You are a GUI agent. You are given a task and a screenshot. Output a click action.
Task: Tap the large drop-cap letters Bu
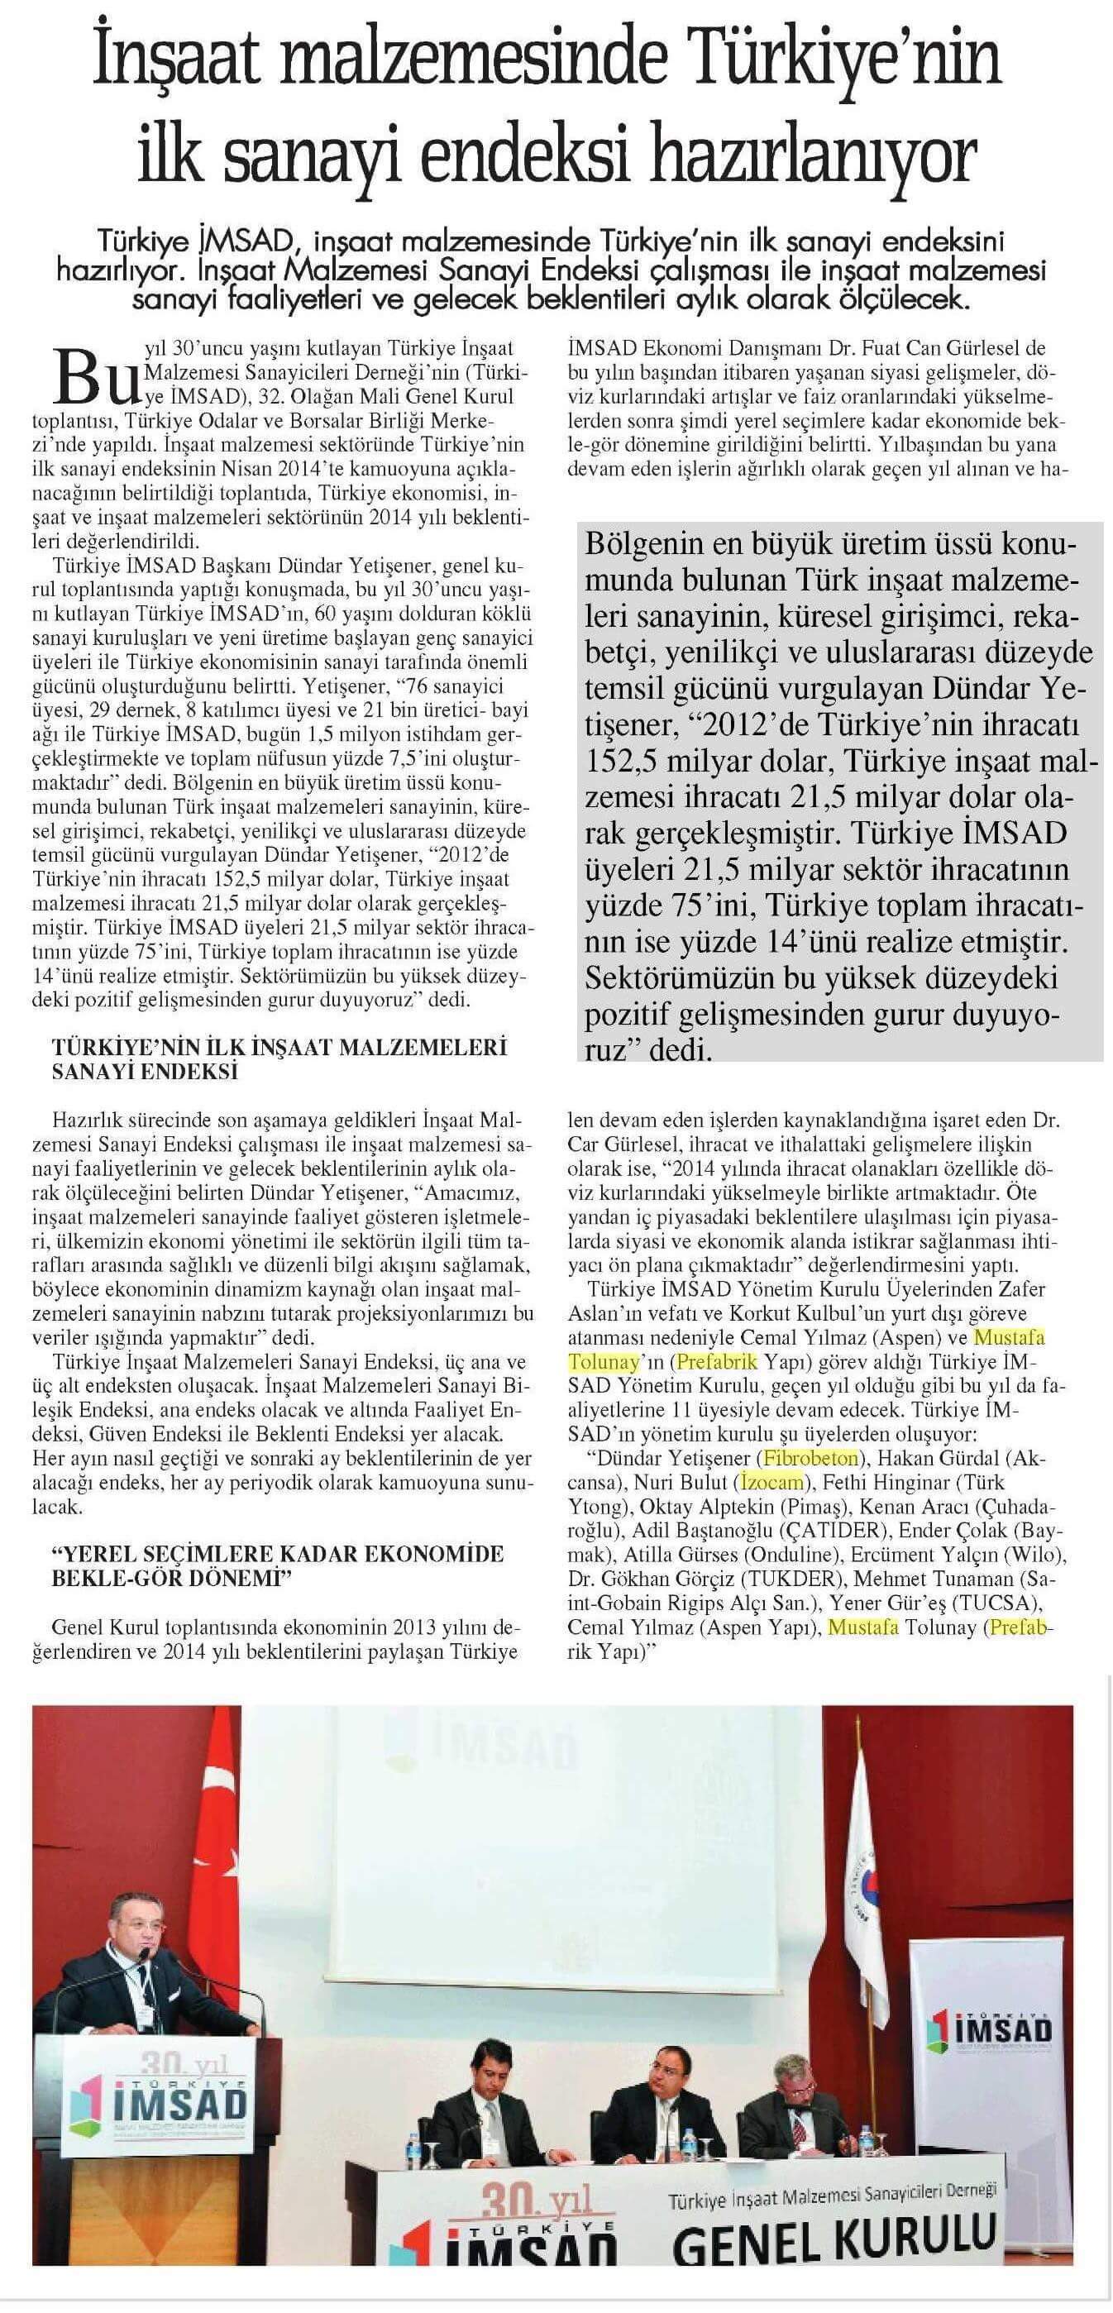(93, 375)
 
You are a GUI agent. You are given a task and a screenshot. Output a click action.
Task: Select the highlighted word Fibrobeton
(809, 1456)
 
